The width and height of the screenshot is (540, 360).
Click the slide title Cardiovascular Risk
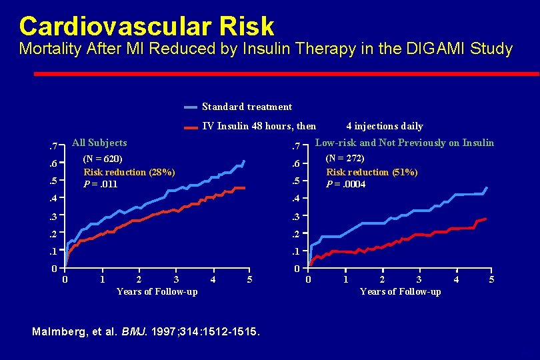tap(147, 26)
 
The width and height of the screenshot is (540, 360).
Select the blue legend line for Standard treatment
tap(191, 107)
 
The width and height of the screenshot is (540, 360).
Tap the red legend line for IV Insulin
tap(191, 126)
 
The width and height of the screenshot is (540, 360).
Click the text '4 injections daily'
tap(385, 126)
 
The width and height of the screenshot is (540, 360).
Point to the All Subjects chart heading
tap(99, 143)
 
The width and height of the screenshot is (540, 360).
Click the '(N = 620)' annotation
tap(103, 159)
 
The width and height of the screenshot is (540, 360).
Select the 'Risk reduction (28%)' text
tap(129, 172)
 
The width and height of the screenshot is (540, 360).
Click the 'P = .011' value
tap(100, 184)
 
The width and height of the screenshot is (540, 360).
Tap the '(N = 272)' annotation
tap(345, 159)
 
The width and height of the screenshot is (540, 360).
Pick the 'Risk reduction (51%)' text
tap(371, 172)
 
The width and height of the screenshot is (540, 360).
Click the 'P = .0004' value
tap(345, 184)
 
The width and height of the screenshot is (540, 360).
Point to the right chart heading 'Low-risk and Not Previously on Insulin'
tap(404, 143)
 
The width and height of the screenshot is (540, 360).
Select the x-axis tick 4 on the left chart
tap(213, 280)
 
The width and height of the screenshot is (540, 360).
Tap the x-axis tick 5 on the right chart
tap(491, 280)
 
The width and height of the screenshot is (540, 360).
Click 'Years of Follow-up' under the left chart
tap(157, 291)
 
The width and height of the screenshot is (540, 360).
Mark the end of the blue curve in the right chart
tap(487, 187)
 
